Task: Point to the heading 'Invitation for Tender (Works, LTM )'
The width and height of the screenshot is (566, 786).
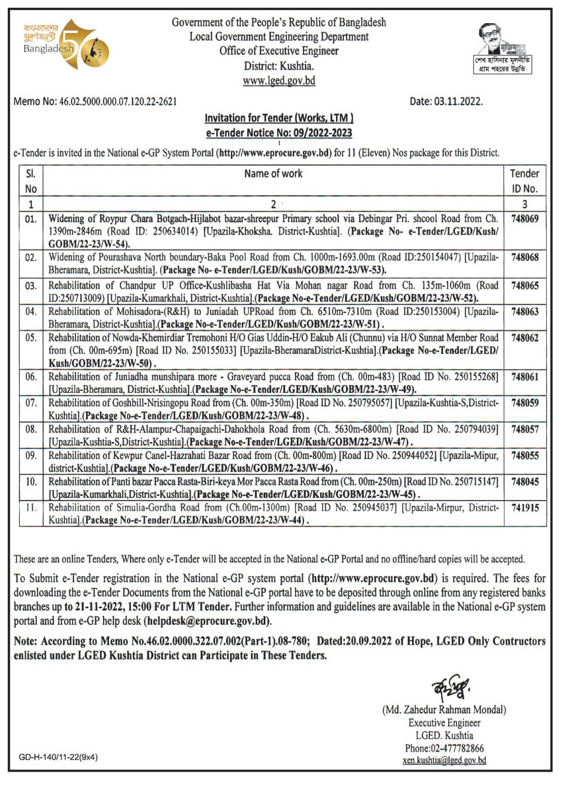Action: click(278, 118)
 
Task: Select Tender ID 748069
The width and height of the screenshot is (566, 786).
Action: click(525, 216)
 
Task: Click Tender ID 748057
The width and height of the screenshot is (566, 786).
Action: click(525, 429)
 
